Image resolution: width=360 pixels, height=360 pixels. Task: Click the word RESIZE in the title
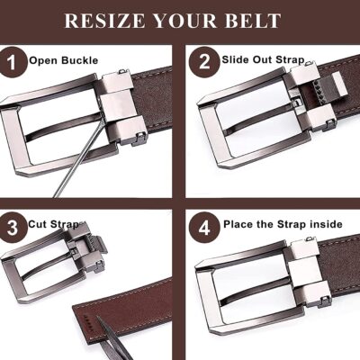(x=104, y=21)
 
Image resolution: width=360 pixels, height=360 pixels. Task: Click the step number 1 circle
(x=13, y=63)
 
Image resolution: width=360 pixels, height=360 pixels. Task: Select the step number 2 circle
(x=204, y=61)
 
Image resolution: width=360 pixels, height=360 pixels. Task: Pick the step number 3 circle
(x=12, y=227)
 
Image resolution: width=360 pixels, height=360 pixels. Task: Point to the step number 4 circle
(x=204, y=227)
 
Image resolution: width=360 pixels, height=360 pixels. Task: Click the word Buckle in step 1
(x=80, y=60)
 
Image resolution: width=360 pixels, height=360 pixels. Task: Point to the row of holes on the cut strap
(x=86, y=320)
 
